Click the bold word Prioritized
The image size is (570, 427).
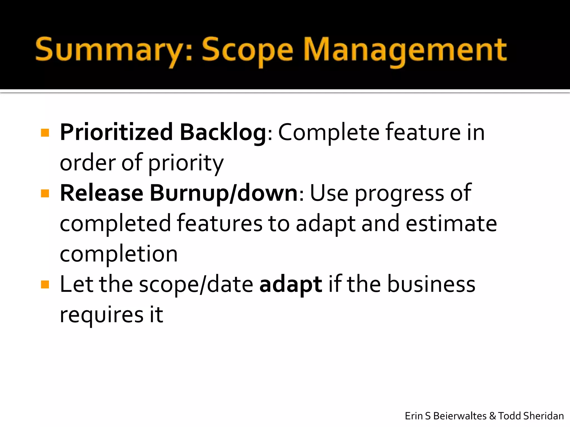point(116,132)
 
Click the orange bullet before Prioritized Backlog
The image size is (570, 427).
point(45,133)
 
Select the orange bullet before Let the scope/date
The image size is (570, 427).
point(45,284)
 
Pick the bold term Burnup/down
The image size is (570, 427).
point(224,194)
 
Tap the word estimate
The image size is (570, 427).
point(451,224)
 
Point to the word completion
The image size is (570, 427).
point(119,254)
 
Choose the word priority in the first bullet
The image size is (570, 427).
point(186,163)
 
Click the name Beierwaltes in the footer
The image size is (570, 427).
point(460,416)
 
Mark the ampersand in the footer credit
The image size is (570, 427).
point(492,416)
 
